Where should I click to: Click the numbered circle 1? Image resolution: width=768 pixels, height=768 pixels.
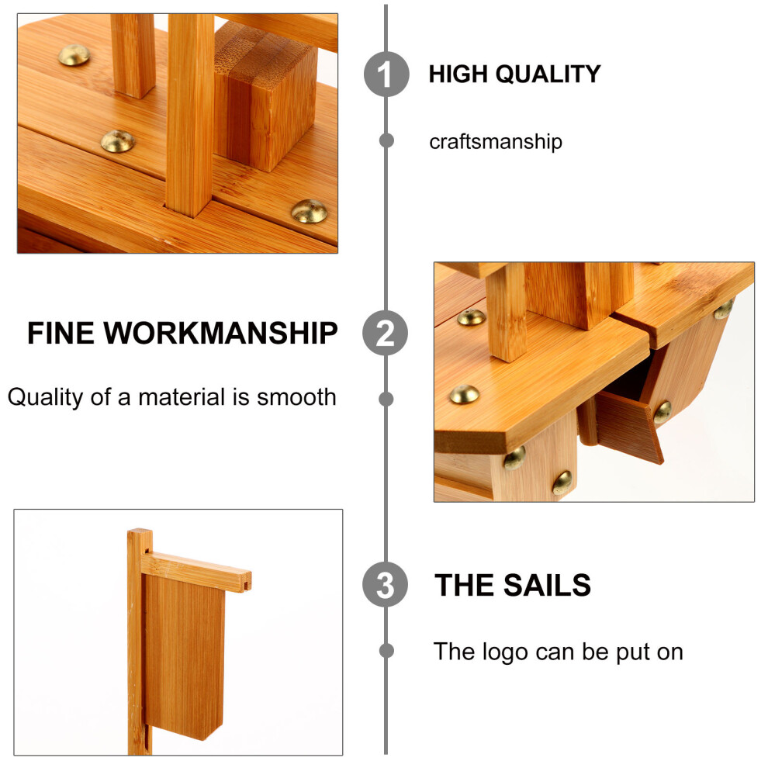click(386, 74)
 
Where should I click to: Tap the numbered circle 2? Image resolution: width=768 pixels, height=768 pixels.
click(386, 333)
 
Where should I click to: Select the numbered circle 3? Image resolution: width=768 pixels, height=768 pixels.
click(386, 585)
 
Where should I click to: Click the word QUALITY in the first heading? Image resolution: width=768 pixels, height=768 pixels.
click(548, 74)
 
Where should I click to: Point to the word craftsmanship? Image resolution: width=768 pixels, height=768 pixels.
click(496, 142)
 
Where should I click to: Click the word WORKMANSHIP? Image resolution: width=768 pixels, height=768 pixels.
click(220, 334)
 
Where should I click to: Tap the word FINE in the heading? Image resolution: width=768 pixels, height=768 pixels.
click(61, 334)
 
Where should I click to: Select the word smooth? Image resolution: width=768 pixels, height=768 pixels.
click(297, 397)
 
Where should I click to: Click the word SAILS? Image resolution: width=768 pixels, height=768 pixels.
click(548, 585)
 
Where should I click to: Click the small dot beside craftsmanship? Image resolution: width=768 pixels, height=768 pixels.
click(386, 140)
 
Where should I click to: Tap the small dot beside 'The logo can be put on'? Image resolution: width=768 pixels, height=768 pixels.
click(386, 651)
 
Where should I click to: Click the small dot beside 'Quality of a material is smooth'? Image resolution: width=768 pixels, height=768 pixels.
click(386, 400)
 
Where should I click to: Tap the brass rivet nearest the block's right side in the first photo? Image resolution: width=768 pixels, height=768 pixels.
click(309, 212)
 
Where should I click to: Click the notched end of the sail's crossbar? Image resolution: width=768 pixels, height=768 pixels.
click(246, 581)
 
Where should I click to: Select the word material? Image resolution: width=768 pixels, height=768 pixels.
click(182, 397)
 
